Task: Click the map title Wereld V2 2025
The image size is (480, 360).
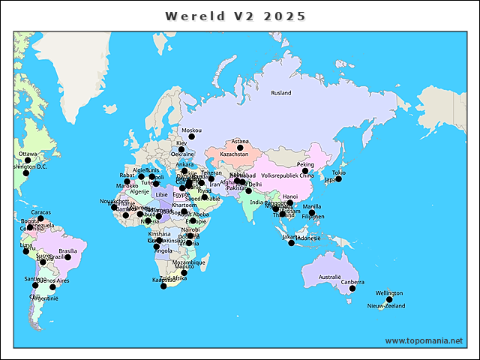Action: (x=235, y=16)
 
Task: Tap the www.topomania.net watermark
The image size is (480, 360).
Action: (x=424, y=340)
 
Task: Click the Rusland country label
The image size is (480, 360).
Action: (x=281, y=93)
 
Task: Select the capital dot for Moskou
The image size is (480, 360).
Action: (x=191, y=136)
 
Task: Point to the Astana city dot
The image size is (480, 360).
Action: (x=240, y=148)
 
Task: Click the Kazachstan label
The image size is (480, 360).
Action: (x=234, y=154)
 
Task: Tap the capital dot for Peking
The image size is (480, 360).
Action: (x=305, y=171)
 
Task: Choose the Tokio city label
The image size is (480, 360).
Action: (x=339, y=172)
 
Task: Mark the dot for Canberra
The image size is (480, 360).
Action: (x=352, y=289)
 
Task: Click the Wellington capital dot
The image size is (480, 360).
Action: (x=389, y=299)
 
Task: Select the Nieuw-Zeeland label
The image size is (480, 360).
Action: (x=385, y=307)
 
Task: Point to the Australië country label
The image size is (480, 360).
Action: (x=330, y=277)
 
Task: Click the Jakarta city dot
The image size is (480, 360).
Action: (x=292, y=243)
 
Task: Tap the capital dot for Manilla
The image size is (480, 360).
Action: (x=311, y=213)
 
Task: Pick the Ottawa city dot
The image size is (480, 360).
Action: (x=28, y=160)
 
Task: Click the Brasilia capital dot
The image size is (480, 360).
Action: (x=67, y=257)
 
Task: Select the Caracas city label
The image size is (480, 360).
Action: (x=41, y=212)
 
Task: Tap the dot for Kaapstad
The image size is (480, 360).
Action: (x=163, y=286)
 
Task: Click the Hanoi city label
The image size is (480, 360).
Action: (x=290, y=196)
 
